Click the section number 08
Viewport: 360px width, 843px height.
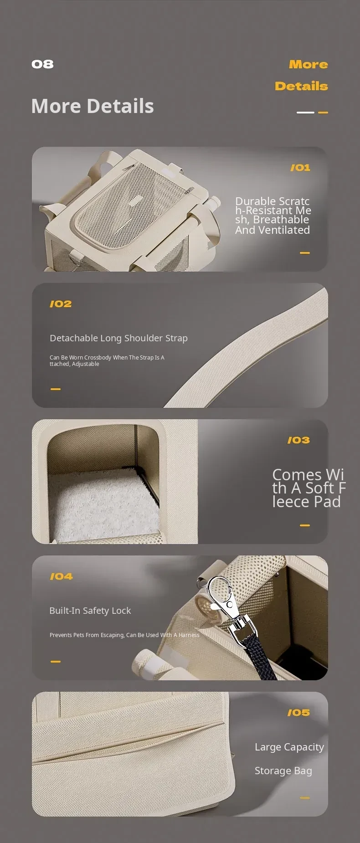(42, 64)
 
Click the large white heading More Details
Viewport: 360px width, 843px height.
(93, 106)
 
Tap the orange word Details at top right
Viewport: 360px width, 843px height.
(301, 86)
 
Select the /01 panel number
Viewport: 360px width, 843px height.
(300, 168)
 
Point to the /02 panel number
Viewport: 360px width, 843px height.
(61, 304)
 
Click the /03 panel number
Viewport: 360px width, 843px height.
(298, 440)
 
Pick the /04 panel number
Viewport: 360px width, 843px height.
(61, 576)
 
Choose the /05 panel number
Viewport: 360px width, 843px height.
(298, 713)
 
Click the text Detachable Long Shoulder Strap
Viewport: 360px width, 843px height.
(118, 338)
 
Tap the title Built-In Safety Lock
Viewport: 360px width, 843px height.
(90, 611)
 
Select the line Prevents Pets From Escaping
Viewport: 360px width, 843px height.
(87, 635)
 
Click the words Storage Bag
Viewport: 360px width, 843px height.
(283, 771)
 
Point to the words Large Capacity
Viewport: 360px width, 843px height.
(289, 747)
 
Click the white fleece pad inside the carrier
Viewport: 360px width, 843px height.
(103, 506)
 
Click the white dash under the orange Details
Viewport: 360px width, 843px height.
(305, 112)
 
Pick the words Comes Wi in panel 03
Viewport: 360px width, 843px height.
(308, 475)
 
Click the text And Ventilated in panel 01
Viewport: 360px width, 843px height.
(273, 230)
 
